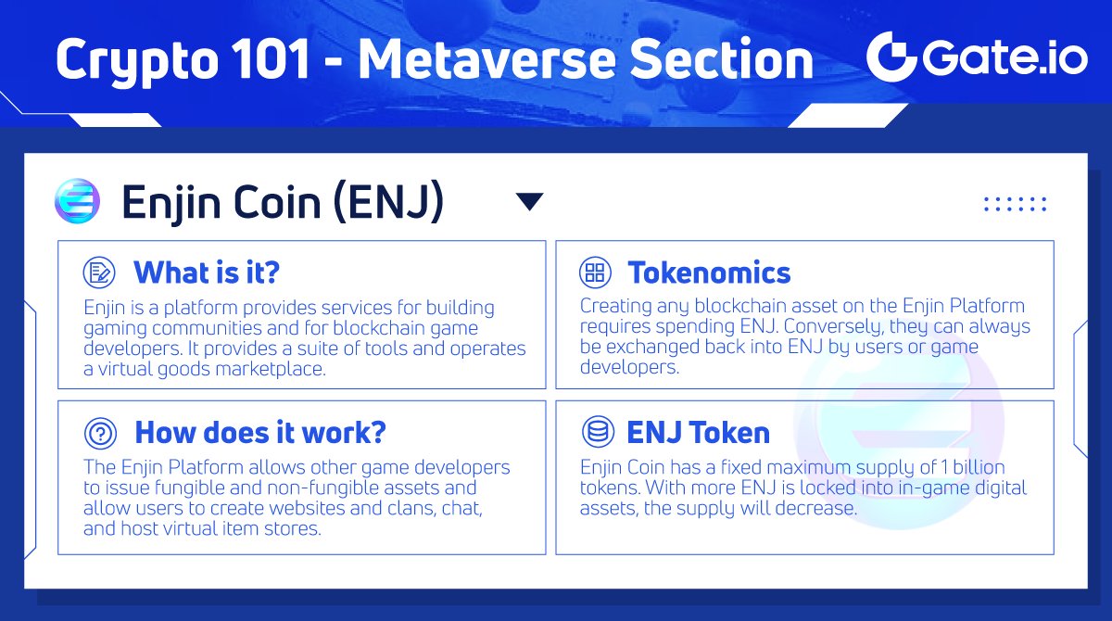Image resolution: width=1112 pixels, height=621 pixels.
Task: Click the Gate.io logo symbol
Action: pyautogui.click(x=891, y=57)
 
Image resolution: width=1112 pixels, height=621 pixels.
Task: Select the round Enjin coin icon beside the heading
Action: pyautogui.click(x=77, y=201)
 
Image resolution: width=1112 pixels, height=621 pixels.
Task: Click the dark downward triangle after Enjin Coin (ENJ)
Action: pyautogui.click(x=529, y=202)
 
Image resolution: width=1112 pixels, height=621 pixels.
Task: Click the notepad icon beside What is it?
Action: pyautogui.click(x=98, y=272)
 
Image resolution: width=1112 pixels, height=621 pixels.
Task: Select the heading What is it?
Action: pyautogui.click(x=207, y=272)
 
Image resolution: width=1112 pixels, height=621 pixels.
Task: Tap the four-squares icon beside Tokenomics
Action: pyautogui.click(x=594, y=272)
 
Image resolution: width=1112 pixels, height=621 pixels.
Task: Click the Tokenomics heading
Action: pyautogui.click(x=709, y=272)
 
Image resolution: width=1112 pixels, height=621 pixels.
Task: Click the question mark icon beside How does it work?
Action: pyautogui.click(x=98, y=433)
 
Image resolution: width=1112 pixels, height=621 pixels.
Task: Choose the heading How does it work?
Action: pyautogui.click(x=260, y=433)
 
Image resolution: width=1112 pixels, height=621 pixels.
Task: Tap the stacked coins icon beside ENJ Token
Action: pyautogui.click(x=594, y=432)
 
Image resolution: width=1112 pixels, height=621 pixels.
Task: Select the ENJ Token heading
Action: pyautogui.click(x=698, y=433)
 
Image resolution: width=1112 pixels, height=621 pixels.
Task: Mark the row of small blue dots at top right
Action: pyautogui.click(x=1015, y=204)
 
